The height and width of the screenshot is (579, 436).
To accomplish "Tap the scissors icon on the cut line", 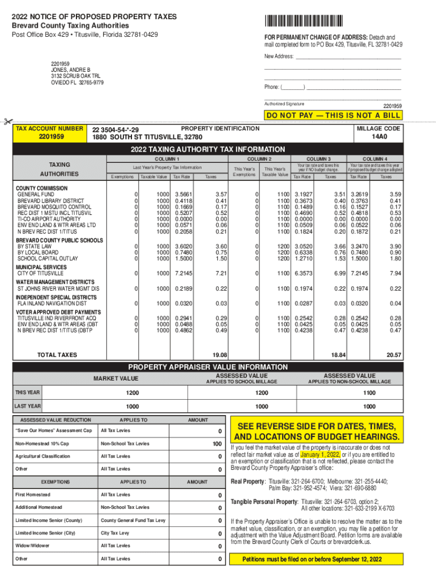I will tap(7, 121).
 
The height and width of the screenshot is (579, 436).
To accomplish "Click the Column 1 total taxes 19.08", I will tap(220, 355).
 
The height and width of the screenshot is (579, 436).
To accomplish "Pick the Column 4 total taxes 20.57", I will tap(394, 355).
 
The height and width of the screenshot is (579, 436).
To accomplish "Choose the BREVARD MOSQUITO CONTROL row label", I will tap(54, 207).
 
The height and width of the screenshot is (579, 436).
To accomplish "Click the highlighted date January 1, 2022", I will tap(320, 454).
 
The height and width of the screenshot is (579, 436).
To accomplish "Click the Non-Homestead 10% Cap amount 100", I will tap(217, 444).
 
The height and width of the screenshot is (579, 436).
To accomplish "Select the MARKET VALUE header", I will tap(116, 378).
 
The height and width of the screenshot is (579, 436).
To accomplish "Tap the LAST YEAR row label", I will tap(27, 406).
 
